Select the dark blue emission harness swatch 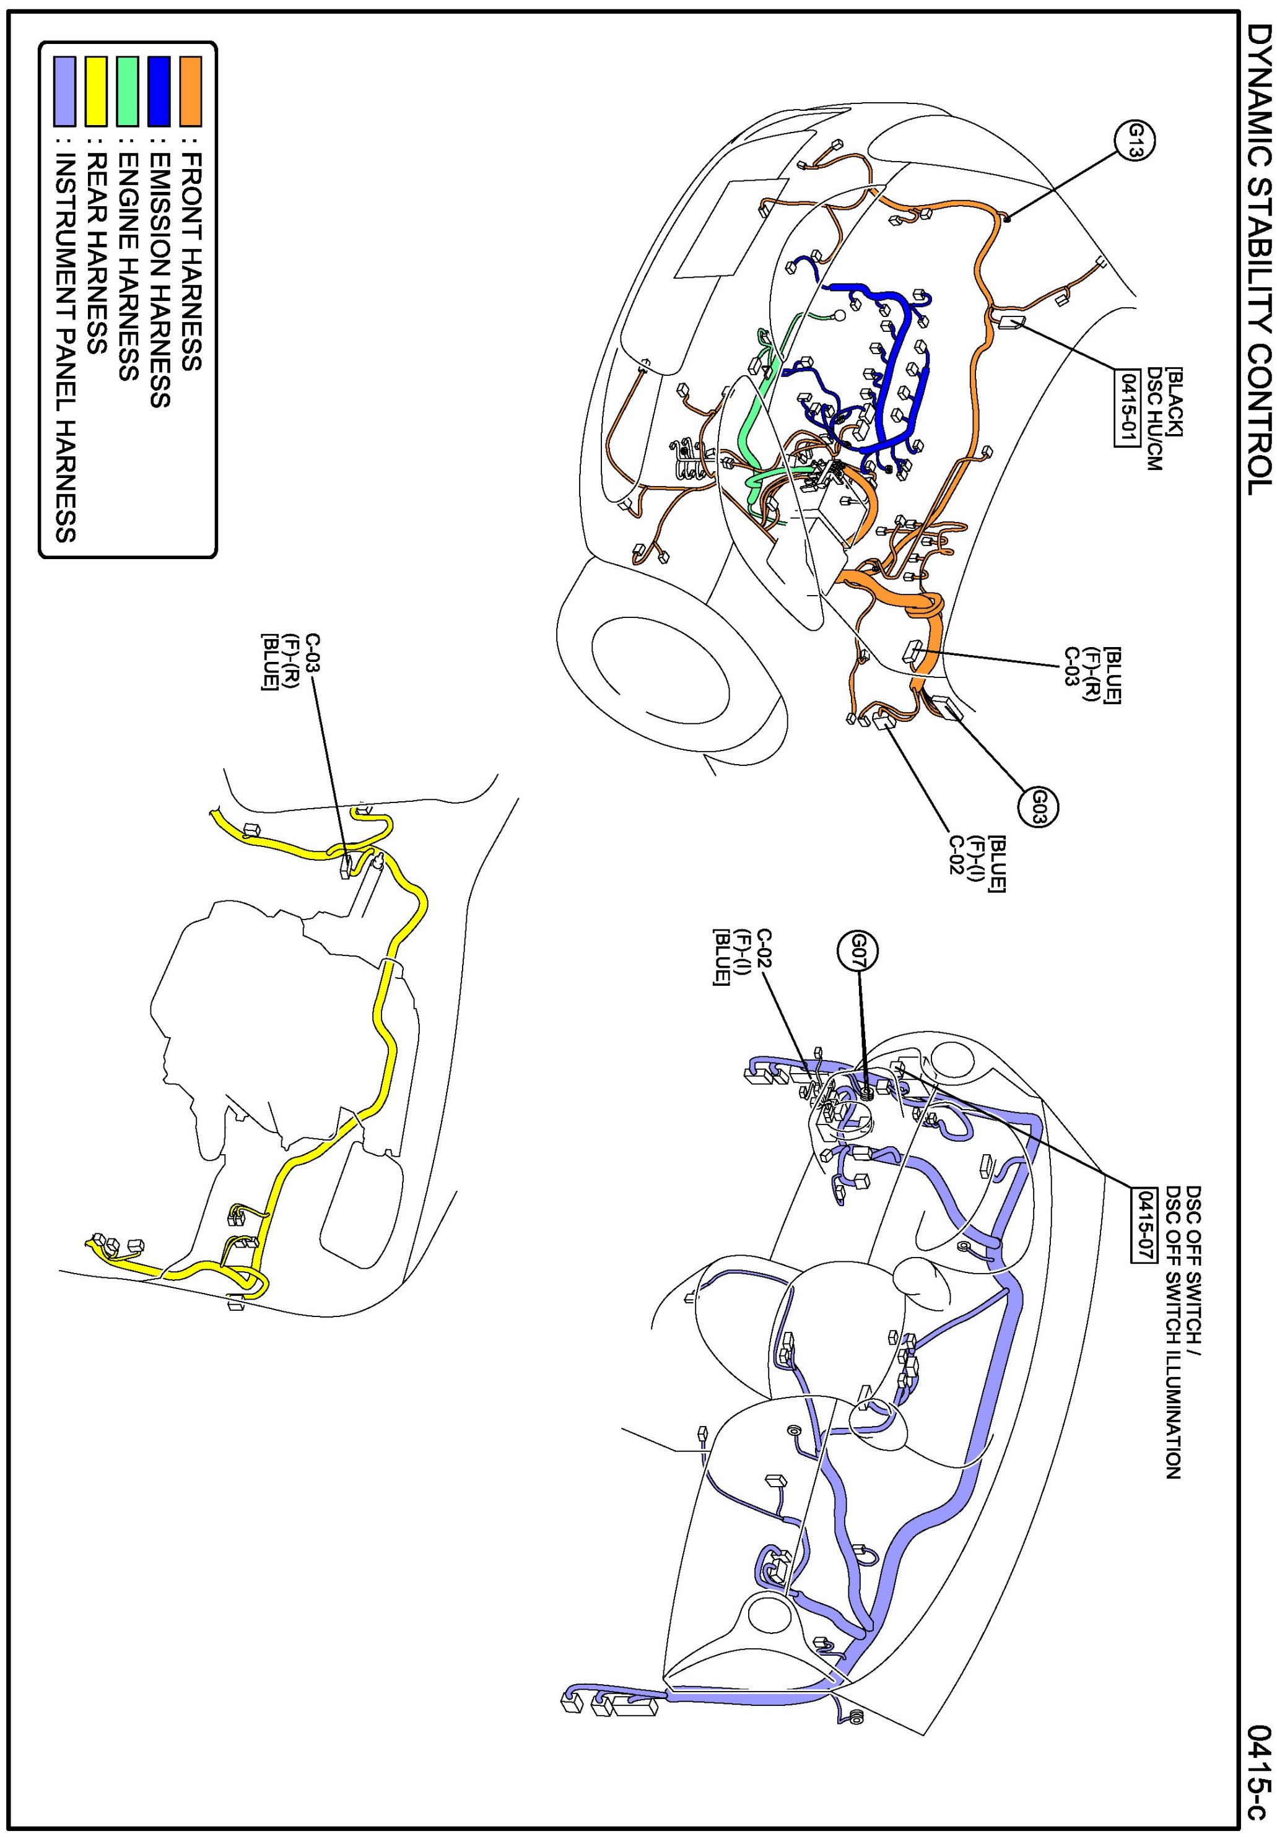coord(159,90)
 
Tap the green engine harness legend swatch coord(127,90)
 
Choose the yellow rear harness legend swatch coord(96,90)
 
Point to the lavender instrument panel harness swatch coord(64,90)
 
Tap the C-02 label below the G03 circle coord(956,864)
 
